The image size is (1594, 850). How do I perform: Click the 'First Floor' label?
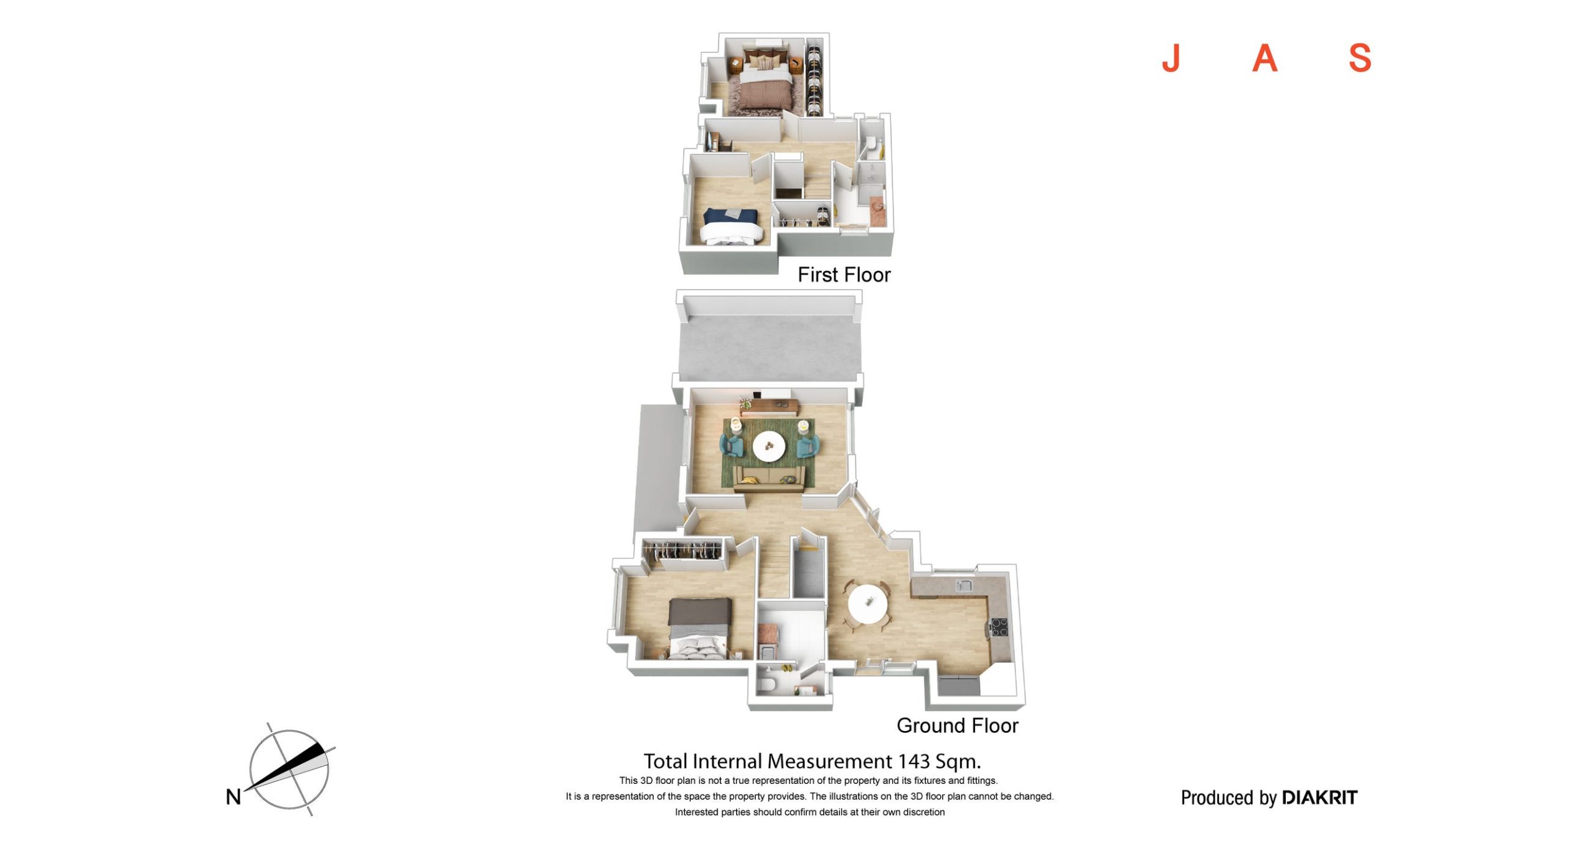pos(844,275)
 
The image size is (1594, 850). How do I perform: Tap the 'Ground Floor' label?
pos(957,725)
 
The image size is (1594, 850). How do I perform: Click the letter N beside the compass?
pos(233,796)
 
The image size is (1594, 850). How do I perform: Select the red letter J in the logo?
pos(1171,58)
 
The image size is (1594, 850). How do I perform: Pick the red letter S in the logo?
pos(1360,58)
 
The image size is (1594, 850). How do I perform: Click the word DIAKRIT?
pos(1319,798)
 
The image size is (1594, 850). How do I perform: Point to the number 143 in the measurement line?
pos(913,761)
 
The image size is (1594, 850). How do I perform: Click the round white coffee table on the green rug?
pos(769,447)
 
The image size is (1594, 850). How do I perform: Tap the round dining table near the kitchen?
pos(868,603)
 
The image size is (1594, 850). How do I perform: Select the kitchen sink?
pos(964,585)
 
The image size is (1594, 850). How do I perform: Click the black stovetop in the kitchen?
pos(999,627)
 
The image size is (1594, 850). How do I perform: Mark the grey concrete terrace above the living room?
pos(770,349)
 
